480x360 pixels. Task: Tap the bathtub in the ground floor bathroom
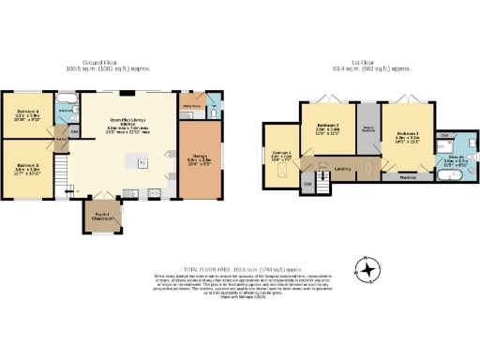68,98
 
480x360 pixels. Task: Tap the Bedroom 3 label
282,156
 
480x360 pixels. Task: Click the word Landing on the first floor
343,169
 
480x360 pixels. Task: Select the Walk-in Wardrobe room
369,128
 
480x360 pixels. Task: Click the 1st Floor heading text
374,64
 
